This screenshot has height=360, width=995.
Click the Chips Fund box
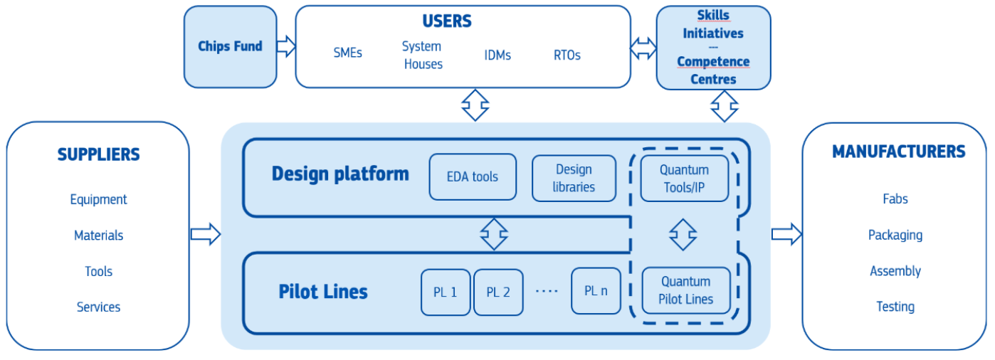pyautogui.click(x=230, y=47)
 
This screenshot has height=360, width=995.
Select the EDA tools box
pyautogui.click(x=473, y=177)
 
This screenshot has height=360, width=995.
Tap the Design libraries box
pyautogui.click(x=574, y=179)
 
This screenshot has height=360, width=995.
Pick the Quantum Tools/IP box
pyautogui.click(x=684, y=179)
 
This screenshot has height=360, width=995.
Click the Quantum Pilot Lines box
pyautogui.click(x=685, y=290)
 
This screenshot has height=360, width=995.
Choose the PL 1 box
pyautogui.click(x=446, y=292)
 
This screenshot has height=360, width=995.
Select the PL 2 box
pyautogui.click(x=498, y=292)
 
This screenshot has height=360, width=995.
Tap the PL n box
pyautogui.click(x=596, y=290)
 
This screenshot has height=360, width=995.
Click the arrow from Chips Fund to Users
pyautogui.click(x=286, y=47)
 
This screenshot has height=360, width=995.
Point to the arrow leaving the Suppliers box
pyautogui.click(x=205, y=234)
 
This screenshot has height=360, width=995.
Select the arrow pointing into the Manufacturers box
pyautogui.click(x=786, y=233)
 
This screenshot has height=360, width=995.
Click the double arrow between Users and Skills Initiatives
pyautogui.click(x=643, y=48)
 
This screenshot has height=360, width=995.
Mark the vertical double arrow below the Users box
pyautogui.click(x=475, y=105)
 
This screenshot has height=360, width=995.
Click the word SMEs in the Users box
pyautogui.click(x=347, y=53)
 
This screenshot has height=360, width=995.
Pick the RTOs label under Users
pyautogui.click(x=567, y=55)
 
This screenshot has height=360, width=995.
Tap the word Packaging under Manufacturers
pyautogui.click(x=895, y=235)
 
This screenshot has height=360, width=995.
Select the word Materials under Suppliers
pyautogui.click(x=98, y=235)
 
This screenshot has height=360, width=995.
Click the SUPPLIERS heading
pyautogui.click(x=98, y=154)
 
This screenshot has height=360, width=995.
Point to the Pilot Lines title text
pyautogui.click(x=323, y=292)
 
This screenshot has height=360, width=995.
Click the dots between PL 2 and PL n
pyautogui.click(x=547, y=291)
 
